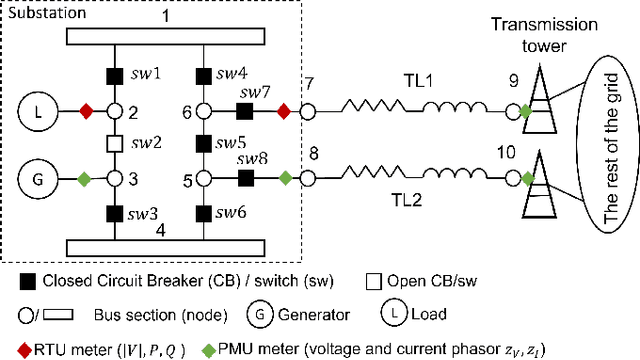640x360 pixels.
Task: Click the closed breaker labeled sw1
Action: pos(114,76)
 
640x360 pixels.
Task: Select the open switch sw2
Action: pos(114,144)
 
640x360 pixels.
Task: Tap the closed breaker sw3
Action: pos(114,212)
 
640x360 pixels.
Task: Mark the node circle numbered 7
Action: pos(307,110)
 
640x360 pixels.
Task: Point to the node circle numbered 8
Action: pos(307,179)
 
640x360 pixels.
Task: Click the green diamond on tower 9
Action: pos(526,110)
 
